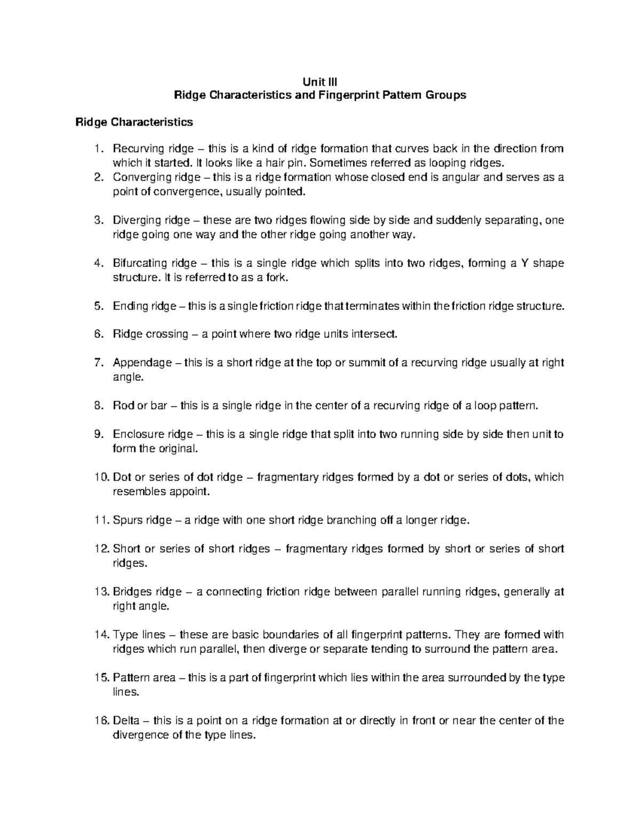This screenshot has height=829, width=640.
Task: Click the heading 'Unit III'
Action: tap(320, 82)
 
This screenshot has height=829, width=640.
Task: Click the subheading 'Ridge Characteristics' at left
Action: tap(134, 122)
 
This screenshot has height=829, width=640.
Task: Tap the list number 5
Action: tap(97, 306)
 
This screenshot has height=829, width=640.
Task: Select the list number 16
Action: tap(100, 721)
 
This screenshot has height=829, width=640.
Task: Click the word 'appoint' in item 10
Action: tap(187, 492)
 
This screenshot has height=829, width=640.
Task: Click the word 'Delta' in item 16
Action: tap(125, 721)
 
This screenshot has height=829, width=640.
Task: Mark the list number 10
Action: tap(100, 477)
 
